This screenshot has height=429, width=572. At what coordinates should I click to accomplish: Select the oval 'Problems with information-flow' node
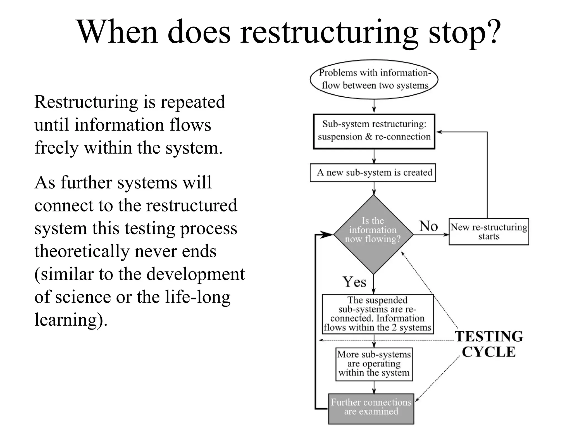(374, 79)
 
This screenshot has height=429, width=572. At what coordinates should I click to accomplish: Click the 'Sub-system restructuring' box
(374, 131)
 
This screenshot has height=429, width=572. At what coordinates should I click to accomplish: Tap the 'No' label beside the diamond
(428, 226)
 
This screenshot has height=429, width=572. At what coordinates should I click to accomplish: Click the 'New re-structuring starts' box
(488, 232)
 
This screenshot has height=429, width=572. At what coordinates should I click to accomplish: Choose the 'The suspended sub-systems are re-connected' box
(378, 314)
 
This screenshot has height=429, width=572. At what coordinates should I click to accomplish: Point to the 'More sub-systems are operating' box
(374, 364)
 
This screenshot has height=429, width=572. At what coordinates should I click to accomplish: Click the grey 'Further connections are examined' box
(371, 408)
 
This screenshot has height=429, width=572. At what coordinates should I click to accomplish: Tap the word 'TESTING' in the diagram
(489, 336)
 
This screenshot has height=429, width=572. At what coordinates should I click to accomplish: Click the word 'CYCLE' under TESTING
(488, 352)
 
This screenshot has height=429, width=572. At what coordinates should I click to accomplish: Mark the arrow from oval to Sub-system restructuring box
(374, 106)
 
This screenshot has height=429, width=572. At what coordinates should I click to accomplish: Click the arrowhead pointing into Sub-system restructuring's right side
(439, 132)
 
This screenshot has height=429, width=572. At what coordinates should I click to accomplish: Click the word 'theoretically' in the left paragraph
(82, 251)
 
